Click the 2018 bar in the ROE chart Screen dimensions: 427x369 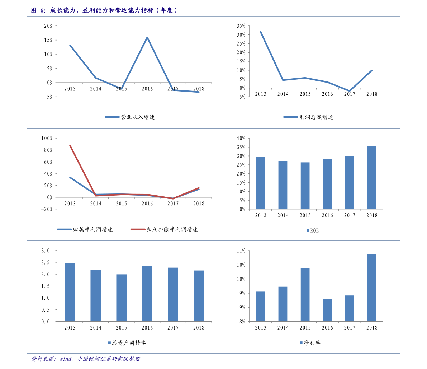click(372, 178)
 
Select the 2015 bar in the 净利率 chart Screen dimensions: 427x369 click(305, 295)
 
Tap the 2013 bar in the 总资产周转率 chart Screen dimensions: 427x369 click(70, 292)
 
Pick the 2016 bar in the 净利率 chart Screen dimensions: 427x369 click(327, 310)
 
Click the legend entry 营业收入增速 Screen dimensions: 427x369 click(130, 117)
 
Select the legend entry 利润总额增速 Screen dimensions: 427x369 click(308, 117)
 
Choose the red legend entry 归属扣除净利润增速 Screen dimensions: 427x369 click(164, 229)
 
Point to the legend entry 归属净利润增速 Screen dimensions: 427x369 click(85, 229)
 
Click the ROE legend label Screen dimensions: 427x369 click(313, 231)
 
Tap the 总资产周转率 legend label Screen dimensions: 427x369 click(127, 343)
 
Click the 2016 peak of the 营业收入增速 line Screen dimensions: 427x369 click(147, 37)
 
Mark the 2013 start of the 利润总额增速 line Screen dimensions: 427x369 click(261, 32)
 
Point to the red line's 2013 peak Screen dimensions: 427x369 click(70, 145)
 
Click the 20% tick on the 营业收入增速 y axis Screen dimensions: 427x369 click(48, 26)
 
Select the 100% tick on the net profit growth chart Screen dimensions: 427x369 click(47, 138)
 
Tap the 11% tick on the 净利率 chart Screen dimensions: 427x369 click(241, 251)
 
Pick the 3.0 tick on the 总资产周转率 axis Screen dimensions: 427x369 click(46, 251)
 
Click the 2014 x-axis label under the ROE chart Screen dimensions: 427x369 click(283, 215)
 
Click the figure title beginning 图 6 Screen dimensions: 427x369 click(104, 10)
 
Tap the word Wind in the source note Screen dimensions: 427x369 click(66, 359)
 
